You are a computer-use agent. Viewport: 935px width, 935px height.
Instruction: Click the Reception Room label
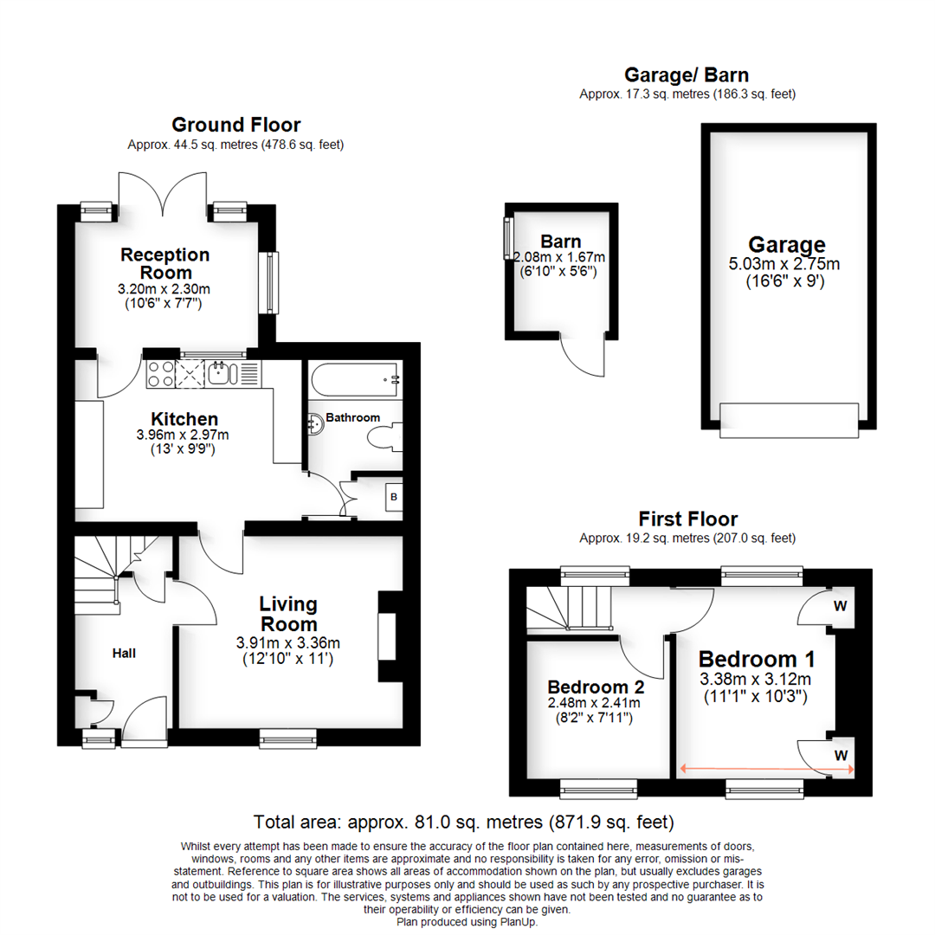click(164, 263)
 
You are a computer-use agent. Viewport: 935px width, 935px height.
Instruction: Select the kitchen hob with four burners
click(160, 373)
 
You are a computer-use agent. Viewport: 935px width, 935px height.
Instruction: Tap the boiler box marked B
click(393, 497)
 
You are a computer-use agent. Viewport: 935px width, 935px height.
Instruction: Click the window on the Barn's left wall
click(507, 237)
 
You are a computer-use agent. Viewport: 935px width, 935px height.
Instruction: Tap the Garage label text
click(787, 245)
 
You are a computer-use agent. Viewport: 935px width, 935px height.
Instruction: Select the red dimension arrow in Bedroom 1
click(767, 767)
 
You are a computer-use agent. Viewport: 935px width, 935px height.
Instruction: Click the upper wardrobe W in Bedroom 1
click(839, 606)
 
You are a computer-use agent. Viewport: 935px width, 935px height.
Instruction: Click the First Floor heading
click(687, 519)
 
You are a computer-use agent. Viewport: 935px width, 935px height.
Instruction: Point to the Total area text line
click(463, 822)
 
